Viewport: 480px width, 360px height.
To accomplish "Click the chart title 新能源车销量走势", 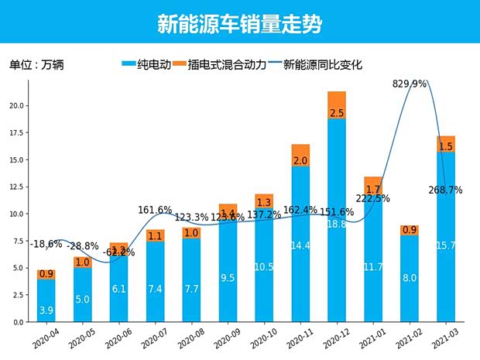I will tap(239, 24).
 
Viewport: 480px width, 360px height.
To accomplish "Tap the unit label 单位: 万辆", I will tap(36, 65).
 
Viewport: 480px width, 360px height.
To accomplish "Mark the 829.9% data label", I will tap(410, 84).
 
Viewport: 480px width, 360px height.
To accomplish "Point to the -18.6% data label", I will tap(47, 244).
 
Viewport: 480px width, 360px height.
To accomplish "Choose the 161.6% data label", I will tap(155, 210).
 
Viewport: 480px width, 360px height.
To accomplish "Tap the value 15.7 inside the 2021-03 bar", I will tap(446, 245).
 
